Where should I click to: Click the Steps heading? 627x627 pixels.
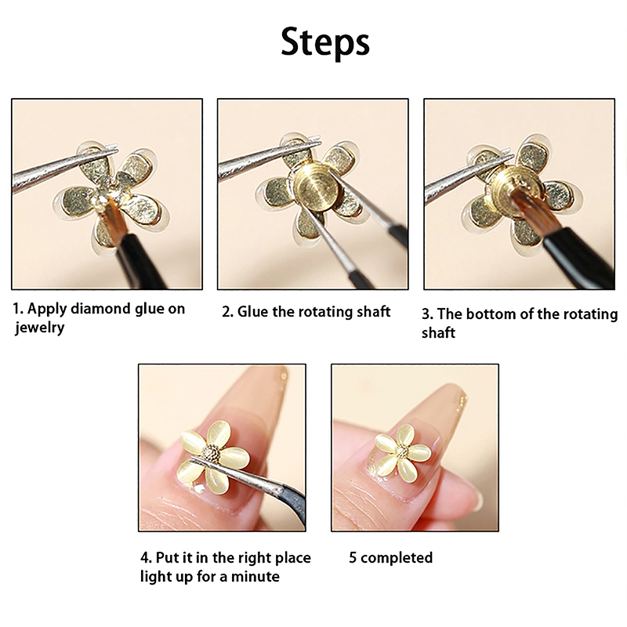pos(325,43)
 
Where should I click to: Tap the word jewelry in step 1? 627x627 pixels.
pos(40,328)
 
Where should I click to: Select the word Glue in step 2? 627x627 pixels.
pos(253,312)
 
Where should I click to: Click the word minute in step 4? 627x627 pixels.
pos(256,577)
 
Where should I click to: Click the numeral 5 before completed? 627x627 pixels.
pos(353,558)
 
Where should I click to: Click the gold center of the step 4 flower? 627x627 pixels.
pos(211,454)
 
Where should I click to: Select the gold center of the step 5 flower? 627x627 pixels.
pos(401,452)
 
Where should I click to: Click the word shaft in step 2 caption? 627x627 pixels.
pos(373,312)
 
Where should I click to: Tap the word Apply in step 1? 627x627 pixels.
pos(46,310)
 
